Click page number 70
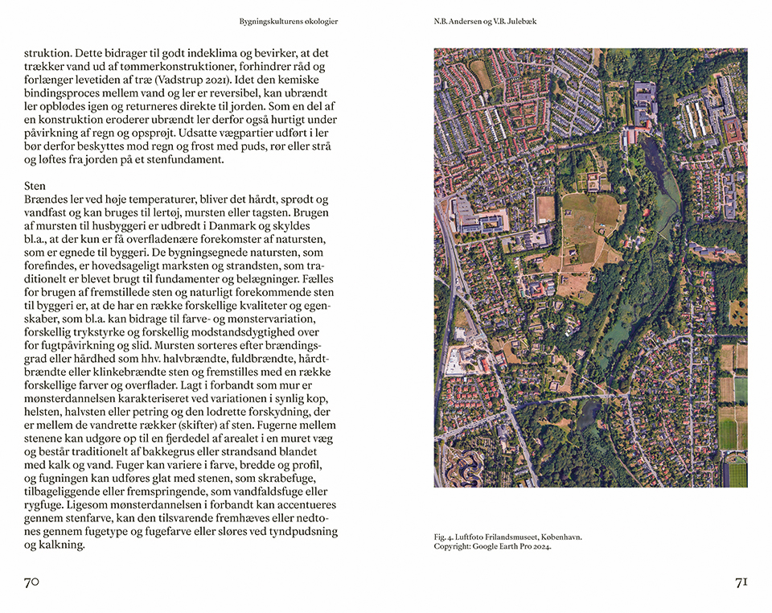[31, 582]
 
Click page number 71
[741, 582]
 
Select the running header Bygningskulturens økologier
[288, 22]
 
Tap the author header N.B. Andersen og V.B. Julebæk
[485, 22]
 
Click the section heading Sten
[35, 186]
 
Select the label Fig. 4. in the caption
[445, 537]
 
